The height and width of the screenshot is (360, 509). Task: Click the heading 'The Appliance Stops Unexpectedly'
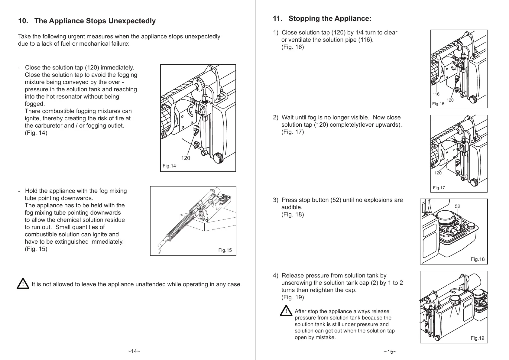(95, 21)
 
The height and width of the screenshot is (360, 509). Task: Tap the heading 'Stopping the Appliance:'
(330, 19)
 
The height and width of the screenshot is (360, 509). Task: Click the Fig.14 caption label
(169, 166)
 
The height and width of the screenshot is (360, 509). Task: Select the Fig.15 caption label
(225, 250)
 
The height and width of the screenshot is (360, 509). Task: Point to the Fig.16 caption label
(438, 104)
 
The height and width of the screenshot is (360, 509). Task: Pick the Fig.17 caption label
(439, 188)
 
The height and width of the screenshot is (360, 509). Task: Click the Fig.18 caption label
(478, 259)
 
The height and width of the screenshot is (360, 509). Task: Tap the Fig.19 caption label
(477, 338)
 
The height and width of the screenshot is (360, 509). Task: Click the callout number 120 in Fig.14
(186, 158)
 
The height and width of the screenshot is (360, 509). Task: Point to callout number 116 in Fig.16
(436, 94)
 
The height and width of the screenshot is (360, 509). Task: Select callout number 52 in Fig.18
(457, 206)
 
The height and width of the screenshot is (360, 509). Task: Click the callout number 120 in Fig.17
(438, 173)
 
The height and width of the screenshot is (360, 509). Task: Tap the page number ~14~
(134, 351)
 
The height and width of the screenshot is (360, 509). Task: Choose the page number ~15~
(390, 352)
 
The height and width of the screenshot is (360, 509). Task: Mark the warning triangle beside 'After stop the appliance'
(286, 311)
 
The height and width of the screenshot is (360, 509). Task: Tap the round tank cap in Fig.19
(455, 300)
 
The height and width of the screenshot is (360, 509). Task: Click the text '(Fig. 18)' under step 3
(292, 215)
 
